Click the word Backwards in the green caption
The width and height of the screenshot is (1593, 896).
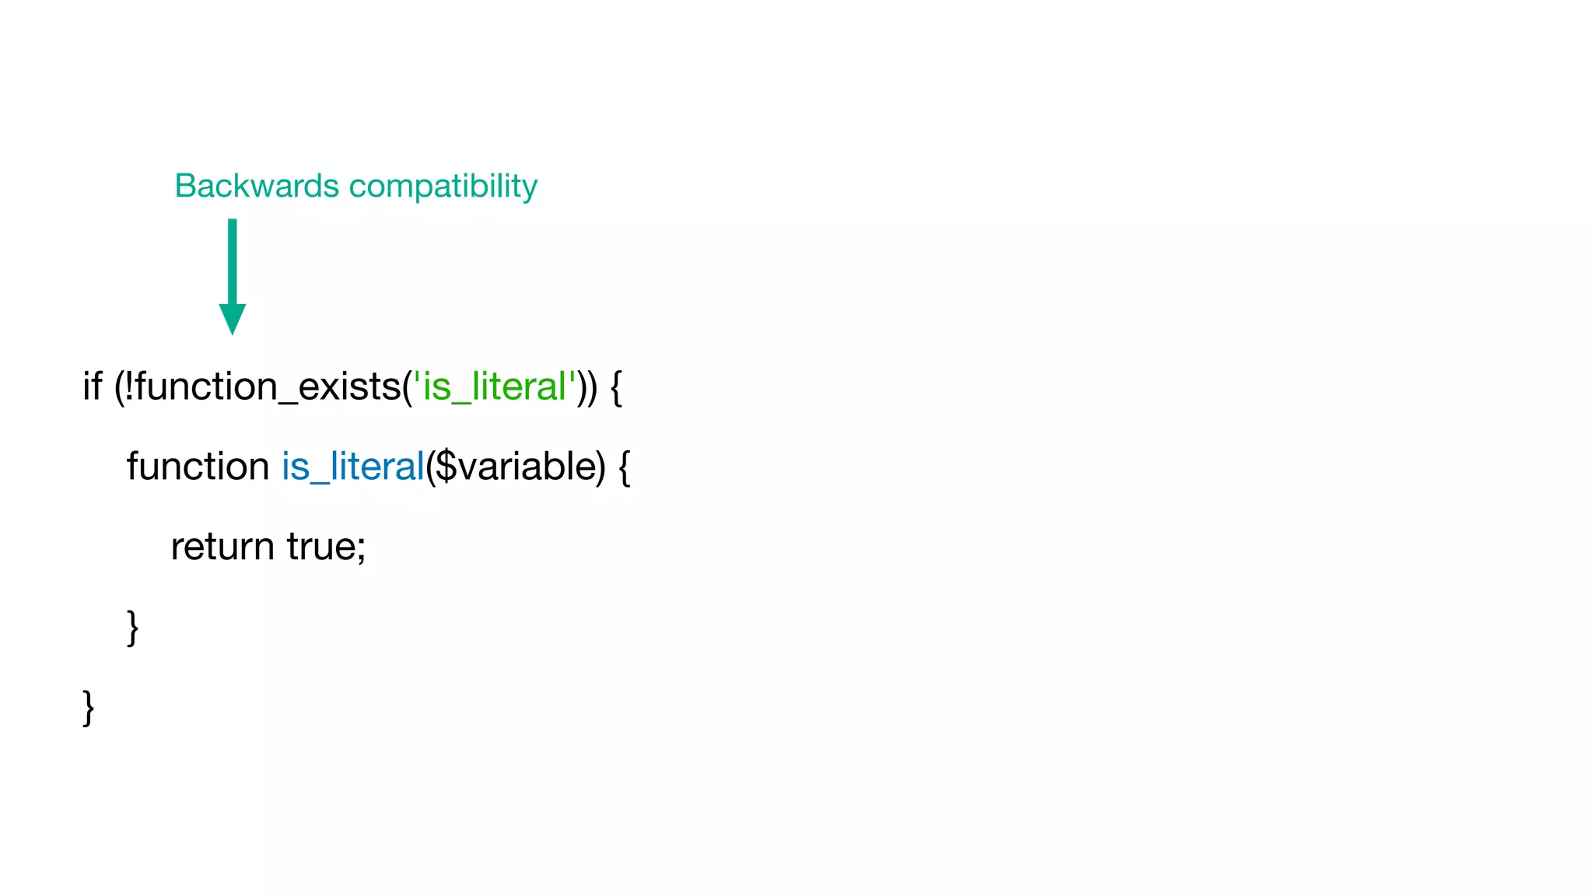point(257,186)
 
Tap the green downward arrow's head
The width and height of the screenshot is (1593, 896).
point(232,318)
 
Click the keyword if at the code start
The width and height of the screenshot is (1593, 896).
point(92,386)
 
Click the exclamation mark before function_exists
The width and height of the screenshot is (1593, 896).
point(128,386)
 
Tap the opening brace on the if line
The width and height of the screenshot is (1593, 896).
point(616,387)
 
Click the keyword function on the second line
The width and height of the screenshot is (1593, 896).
point(198,467)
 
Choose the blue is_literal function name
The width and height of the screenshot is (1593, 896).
point(352,467)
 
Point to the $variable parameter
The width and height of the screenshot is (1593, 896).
point(514,467)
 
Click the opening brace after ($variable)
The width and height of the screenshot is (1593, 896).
point(624,467)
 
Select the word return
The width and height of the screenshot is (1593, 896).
point(222,547)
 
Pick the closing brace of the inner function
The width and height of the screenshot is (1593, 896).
point(133,627)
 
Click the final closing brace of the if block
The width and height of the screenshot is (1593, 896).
point(89,707)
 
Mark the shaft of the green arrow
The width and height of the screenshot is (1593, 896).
point(232,261)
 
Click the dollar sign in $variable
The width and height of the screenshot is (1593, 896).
point(446,467)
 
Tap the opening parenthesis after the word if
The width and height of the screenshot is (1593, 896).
point(118,387)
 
